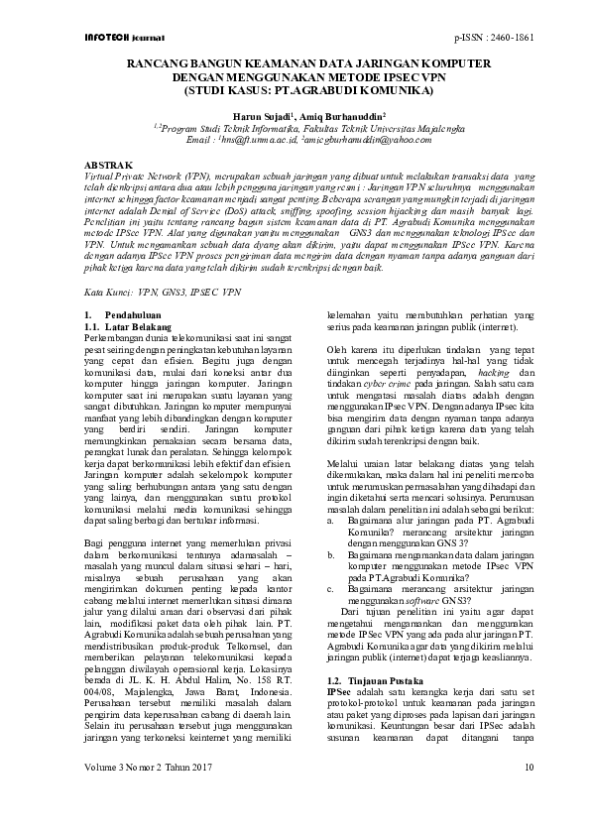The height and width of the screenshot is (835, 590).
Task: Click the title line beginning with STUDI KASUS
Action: coord(295,90)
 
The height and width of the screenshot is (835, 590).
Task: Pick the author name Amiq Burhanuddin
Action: coord(332,115)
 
